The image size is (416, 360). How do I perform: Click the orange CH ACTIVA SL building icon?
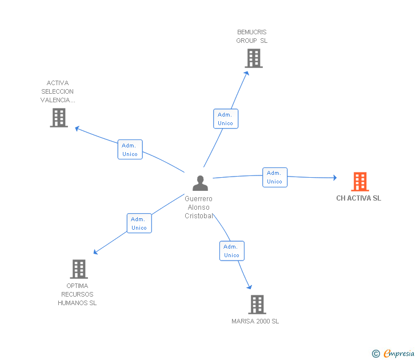[359, 182]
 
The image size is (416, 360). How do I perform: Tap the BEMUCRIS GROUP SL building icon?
[253, 58]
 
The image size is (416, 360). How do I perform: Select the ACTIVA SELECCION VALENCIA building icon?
[59, 118]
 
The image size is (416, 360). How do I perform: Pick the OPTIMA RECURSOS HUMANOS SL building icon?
[78, 269]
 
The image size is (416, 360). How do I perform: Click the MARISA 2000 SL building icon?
[257, 305]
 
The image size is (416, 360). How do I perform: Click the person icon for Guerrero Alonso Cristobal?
[200, 183]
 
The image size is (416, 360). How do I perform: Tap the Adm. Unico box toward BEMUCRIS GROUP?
[225, 119]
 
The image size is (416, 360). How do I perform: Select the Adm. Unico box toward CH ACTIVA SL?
[274, 177]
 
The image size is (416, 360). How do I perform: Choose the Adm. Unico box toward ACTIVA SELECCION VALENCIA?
[130, 150]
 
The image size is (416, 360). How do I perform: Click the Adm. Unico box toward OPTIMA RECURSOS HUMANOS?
[139, 223]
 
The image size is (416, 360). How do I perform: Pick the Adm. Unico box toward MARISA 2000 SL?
[231, 251]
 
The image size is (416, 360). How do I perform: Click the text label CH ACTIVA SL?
[358, 198]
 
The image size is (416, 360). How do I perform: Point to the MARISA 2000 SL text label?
[255, 321]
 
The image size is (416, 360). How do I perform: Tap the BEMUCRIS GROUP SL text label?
[251, 37]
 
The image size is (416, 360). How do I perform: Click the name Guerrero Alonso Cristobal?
[199, 207]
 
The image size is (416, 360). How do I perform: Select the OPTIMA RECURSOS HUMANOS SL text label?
[77, 294]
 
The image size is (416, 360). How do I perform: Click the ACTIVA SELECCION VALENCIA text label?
[58, 91]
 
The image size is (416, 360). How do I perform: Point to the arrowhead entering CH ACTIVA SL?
[334, 178]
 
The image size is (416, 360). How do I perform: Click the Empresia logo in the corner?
[399, 354]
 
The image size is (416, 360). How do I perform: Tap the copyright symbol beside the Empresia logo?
[375, 354]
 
